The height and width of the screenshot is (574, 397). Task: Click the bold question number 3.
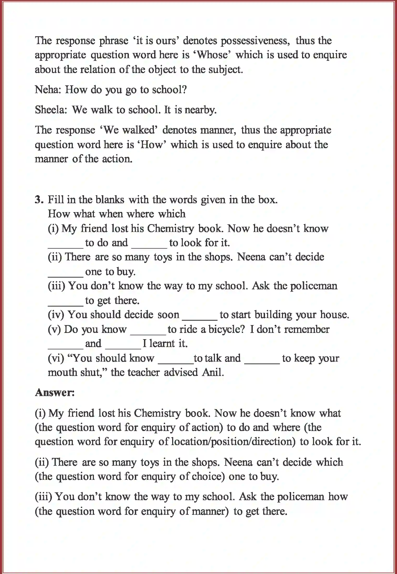[x=38, y=200]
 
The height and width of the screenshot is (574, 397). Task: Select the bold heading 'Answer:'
[x=55, y=392]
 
